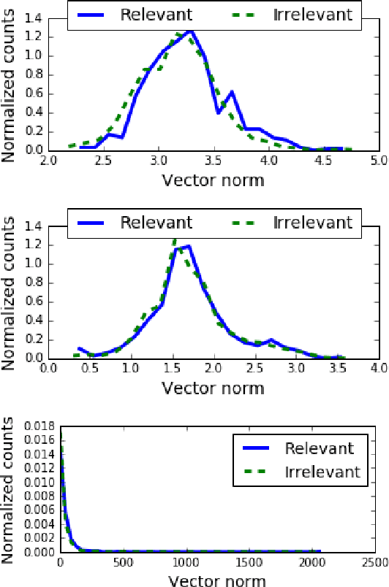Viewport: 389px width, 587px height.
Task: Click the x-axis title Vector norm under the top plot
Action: (213, 179)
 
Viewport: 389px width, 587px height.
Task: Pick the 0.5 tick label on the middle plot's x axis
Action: (89, 369)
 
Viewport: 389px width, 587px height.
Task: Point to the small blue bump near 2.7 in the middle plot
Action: (271, 340)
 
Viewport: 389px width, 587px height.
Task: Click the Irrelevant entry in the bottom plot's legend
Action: (322, 473)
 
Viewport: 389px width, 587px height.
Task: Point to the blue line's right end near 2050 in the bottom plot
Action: (320, 552)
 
